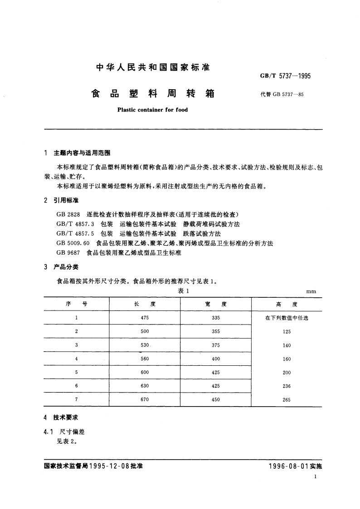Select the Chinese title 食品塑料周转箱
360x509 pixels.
152,94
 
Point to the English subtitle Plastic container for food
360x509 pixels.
152,110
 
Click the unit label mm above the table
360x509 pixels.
311,292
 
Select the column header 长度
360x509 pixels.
145,304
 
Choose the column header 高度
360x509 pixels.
287,304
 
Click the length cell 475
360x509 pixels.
145,318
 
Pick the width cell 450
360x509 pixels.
216,399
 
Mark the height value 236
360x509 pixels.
287,386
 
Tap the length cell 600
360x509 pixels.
145,372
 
